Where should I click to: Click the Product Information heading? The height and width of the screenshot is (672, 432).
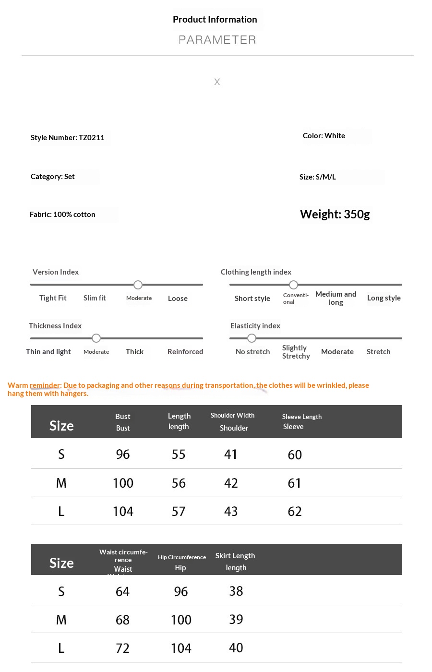pos(215,20)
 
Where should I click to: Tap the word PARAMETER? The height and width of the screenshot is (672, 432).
pos(217,40)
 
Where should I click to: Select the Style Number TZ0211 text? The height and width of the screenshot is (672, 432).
pos(68,138)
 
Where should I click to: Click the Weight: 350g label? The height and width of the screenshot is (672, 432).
pos(335,214)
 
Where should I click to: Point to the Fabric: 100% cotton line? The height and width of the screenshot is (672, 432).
pos(62,215)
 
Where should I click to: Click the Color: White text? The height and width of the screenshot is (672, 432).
pos(324,136)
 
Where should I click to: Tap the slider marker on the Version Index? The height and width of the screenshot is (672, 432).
pos(138,285)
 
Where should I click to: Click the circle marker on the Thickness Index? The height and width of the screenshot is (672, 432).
pos(96,338)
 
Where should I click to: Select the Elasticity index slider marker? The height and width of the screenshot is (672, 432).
pos(252,338)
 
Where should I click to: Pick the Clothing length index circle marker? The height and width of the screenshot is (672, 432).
pos(293,285)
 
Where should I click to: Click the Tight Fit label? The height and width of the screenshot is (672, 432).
pos(53,298)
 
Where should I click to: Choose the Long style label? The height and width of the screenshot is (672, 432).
pos(384,298)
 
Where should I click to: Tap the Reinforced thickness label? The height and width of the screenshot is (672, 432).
pos(185,352)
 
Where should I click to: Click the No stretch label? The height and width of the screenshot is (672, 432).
pos(252,352)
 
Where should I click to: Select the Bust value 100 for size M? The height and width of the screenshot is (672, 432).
pos(123,483)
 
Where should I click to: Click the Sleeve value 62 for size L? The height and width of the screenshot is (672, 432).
pos(295,512)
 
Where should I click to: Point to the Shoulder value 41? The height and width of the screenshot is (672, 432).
pos(231,455)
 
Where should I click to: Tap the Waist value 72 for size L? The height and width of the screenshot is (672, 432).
pos(122,648)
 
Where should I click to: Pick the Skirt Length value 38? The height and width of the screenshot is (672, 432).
pos(236,591)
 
